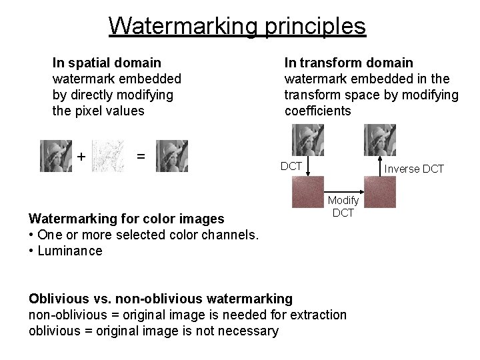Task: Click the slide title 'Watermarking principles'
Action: tap(237, 26)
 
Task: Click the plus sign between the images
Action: tap(81, 157)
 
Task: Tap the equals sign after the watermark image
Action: tap(141, 155)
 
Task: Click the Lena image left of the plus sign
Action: tap(56, 155)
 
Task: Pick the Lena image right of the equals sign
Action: tap(172, 155)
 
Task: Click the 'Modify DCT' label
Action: tap(343, 206)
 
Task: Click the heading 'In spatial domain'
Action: tap(107, 63)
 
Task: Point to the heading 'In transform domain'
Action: tap(349, 63)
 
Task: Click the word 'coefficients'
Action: tap(317, 111)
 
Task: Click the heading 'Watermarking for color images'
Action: tap(126, 218)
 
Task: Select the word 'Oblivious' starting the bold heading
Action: tap(57, 297)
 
